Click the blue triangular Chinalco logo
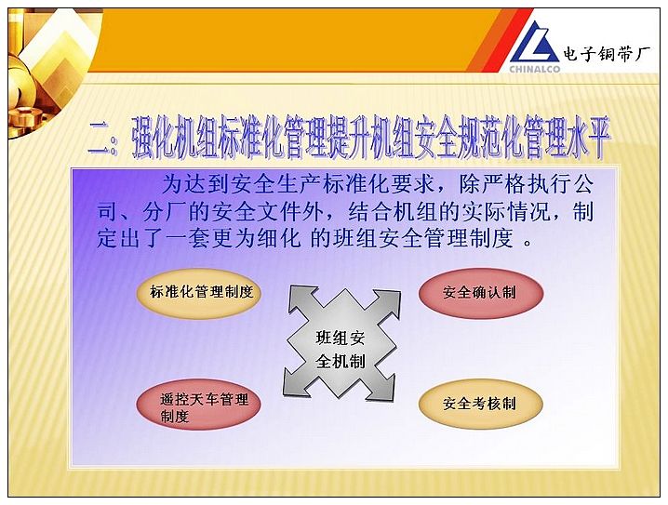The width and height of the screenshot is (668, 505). point(535,44)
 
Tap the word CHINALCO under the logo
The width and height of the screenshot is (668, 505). point(535,68)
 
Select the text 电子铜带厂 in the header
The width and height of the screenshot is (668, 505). point(607,54)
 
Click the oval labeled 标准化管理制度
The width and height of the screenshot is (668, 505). point(199,293)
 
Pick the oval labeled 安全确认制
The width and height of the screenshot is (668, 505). point(481,293)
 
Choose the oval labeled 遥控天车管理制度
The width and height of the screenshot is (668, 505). point(199,404)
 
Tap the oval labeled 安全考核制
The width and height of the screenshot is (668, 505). point(481,404)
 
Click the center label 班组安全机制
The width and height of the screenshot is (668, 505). point(340,350)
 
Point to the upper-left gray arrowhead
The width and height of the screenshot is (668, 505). point(302,299)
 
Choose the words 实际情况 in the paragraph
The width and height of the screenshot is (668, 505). point(506,212)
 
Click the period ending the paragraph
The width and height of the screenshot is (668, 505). point(528,243)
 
